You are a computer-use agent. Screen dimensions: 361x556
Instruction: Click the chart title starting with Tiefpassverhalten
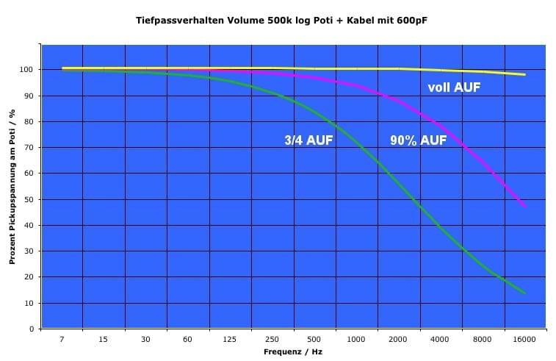(x=281, y=21)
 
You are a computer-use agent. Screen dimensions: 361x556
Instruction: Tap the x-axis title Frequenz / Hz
(x=292, y=352)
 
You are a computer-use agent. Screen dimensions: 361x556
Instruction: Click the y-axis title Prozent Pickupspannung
(x=12, y=187)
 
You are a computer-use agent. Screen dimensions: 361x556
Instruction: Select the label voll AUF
(x=454, y=87)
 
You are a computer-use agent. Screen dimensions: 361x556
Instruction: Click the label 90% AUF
(x=418, y=140)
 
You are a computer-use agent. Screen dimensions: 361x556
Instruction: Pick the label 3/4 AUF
(x=308, y=140)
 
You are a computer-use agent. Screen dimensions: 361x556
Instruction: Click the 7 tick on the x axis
(x=62, y=339)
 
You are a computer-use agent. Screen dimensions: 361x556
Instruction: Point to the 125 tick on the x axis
(x=230, y=339)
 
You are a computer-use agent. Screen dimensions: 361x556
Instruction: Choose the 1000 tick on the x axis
(x=356, y=339)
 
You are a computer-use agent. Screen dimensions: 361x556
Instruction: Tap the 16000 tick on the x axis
(x=524, y=339)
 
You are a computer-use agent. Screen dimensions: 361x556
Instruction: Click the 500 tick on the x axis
(x=314, y=339)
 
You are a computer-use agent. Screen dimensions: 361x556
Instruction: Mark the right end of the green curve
(x=525, y=293)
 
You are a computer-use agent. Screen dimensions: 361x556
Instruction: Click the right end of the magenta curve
(x=525, y=206)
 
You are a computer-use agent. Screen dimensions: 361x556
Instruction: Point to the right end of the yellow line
(x=525, y=74)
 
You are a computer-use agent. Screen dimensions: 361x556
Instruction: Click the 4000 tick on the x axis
(x=441, y=339)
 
